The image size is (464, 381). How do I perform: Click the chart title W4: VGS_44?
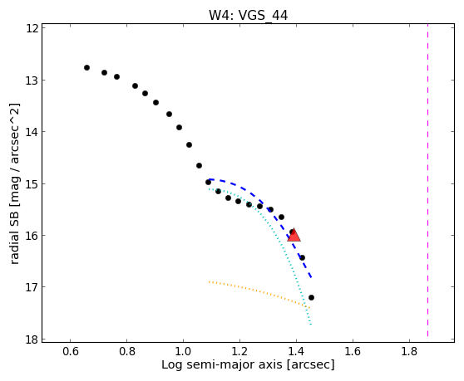[248, 16]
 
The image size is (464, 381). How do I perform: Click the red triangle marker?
[294, 235]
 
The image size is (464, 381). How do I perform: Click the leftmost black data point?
[86, 67]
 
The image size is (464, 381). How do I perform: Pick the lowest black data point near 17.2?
[311, 297]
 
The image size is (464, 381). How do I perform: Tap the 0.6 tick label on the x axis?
[70, 351]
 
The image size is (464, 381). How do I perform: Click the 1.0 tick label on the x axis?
[183, 351]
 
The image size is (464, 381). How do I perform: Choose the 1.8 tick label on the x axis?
[409, 351]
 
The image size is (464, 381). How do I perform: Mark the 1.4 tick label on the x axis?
[296, 351]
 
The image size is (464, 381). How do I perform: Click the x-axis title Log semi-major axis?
[222, 364]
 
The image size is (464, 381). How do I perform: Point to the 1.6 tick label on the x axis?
[353, 351]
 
